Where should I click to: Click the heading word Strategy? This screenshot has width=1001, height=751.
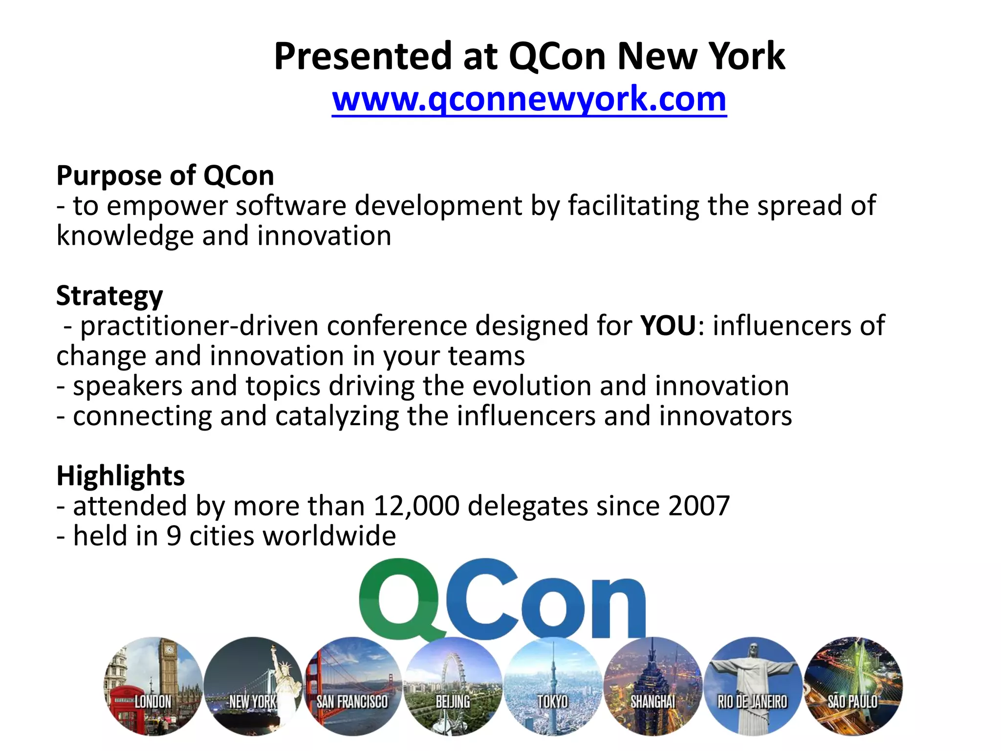click(109, 296)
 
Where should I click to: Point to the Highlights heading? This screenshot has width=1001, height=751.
click(120, 476)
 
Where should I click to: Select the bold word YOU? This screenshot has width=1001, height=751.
click(668, 326)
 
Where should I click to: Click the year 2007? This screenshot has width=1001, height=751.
click(699, 506)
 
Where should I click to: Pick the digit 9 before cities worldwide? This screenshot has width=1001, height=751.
click(174, 536)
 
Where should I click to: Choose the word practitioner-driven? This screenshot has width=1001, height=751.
click(199, 326)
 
